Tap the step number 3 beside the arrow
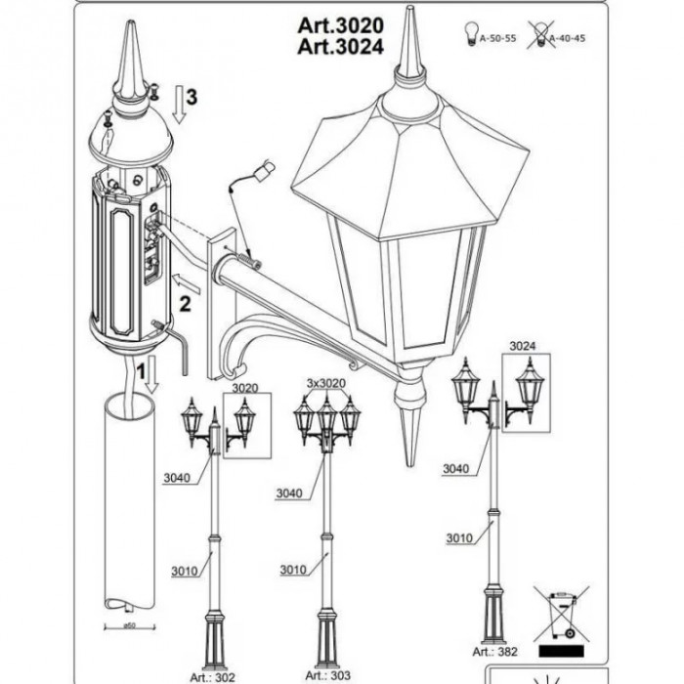tap(192, 97)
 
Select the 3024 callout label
tap(524, 346)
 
